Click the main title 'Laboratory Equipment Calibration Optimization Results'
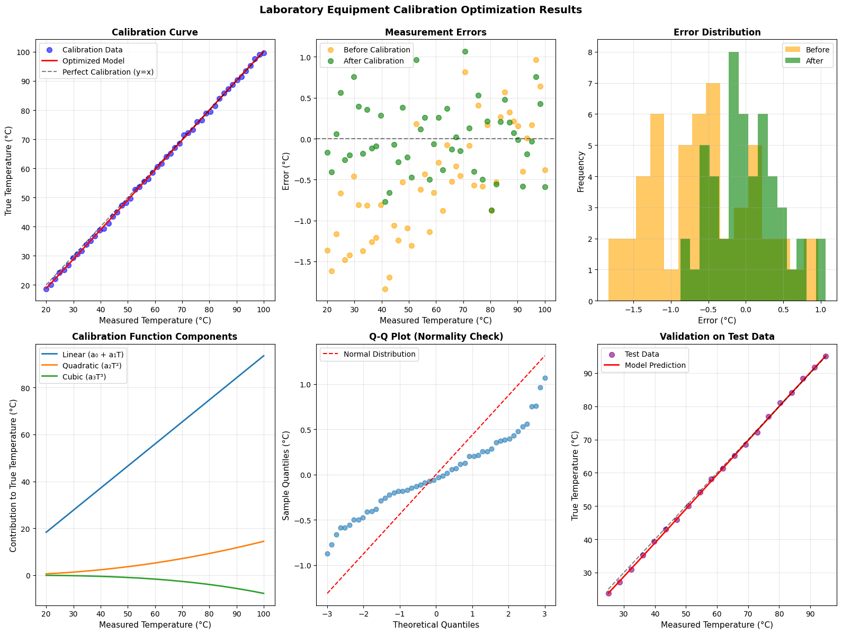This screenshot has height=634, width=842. (x=420, y=10)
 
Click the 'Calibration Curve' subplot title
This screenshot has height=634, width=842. (x=155, y=32)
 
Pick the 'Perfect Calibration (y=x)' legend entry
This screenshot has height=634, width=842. (x=108, y=72)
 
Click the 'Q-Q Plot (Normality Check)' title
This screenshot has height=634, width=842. (x=436, y=337)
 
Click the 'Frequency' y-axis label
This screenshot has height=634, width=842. (x=581, y=171)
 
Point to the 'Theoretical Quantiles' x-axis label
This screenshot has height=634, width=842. (x=436, y=624)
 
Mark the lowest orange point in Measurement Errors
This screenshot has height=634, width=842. (x=385, y=289)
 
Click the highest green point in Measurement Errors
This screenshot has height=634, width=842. (x=465, y=51)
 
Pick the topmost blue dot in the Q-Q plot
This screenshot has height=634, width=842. (x=545, y=378)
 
